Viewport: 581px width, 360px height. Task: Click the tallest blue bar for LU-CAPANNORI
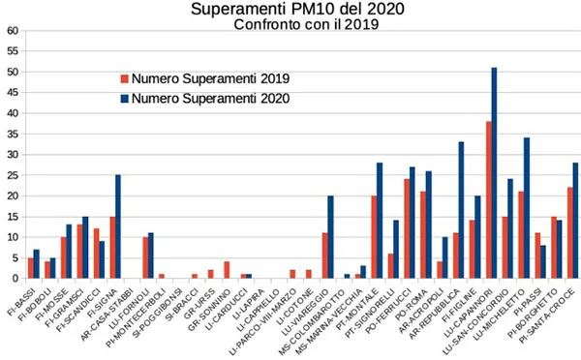495,174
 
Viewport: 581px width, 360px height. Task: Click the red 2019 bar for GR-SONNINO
227,270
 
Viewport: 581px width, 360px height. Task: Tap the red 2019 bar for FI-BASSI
31,268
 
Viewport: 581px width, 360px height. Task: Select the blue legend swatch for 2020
123,98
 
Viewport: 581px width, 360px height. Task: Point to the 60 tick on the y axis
14,30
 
